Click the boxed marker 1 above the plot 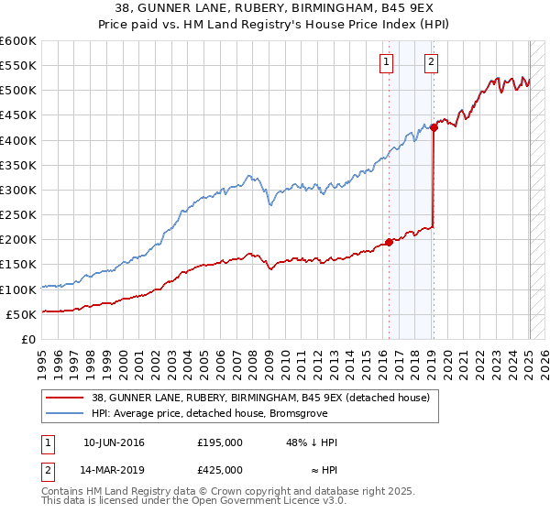tap(385, 62)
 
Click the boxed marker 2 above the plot tap(431, 62)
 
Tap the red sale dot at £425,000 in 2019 tap(434, 127)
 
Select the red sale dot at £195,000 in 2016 tap(389, 242)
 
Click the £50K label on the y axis tap(21, 314)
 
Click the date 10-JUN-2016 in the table tap(114, 442)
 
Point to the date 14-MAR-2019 tap(114, 469)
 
